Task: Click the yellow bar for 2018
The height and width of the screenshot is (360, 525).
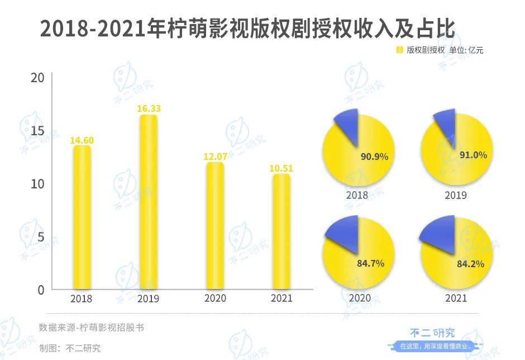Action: point(82,218)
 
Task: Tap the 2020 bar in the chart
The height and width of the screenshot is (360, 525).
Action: point(215,226)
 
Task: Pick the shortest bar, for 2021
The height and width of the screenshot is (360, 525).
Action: point(281,232)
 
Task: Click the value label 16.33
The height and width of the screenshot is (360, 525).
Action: point(149,109)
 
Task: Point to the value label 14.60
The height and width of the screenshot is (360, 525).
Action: point(82,140)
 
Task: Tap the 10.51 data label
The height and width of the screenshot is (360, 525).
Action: point(281,168)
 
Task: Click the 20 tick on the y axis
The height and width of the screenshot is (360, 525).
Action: point(37,78)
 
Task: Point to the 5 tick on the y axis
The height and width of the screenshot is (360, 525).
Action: point(40,237)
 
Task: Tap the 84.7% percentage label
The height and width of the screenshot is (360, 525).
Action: point(370,263)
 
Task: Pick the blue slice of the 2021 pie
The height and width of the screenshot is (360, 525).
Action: point(440,233)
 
